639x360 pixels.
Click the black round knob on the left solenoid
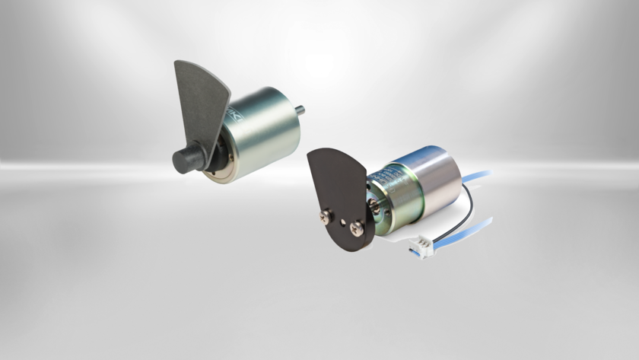click(187, 160)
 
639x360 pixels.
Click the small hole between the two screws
click(343, 222)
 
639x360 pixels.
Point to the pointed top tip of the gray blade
click(180, 64)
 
